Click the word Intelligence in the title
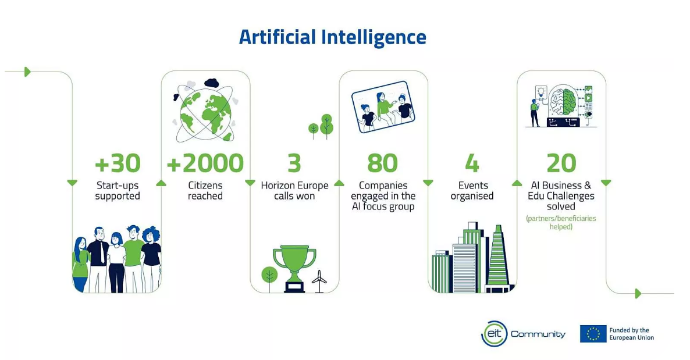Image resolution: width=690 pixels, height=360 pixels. pyautogui.click(x=374, y=37)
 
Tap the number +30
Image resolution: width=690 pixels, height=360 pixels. pyautogui.click(x=118, y=163)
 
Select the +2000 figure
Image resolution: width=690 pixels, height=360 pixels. pyautogui.click(x=205, y=163)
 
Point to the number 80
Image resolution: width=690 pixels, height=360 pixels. pyautogui.click(x=382, y=163)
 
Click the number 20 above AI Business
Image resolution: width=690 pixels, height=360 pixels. pyautogui.click(x=561, y=163)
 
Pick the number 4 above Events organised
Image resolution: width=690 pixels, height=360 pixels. pyautogui.click(x=472, y=163)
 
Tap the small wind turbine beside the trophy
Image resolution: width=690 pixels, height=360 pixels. pyautogui.click(x=319, y=281)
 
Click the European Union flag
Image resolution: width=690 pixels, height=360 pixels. pyautogui.click(x=593, y=334)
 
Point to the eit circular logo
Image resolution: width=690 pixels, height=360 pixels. pyautogui.click(x=494, y=334)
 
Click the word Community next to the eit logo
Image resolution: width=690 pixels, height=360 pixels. pyautogui.click(x=538, y=334)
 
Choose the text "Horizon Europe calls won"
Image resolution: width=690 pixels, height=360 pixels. pyautogui.click(x=294, y=191)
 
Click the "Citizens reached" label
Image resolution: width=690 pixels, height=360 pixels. pyautogui.click(x=205, y=191)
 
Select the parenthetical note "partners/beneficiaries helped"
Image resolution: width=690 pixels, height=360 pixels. pyautogui.click(x=561, y=222)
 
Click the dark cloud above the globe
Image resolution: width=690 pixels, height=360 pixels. pyautogui.click(x=212, y=83)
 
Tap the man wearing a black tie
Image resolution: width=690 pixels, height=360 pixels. pyautogui.click(x=98, y=259)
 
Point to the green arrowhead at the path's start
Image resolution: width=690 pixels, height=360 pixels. pyautogui.click(x=28, y=72)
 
